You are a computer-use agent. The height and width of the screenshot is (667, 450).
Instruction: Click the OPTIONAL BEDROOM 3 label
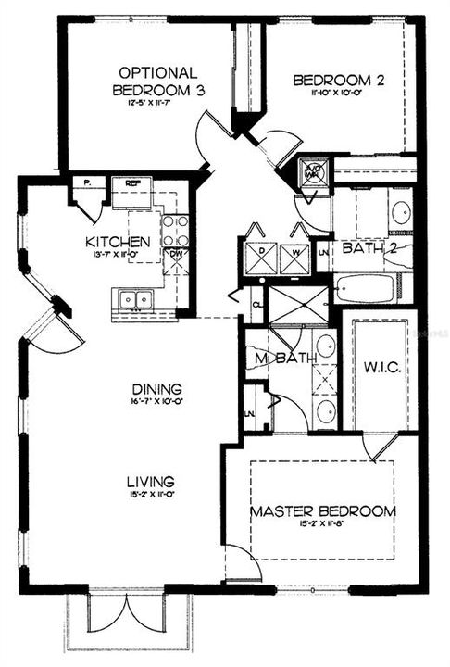(x=157, y=82)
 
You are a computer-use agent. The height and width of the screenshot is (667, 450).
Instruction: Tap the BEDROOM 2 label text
(x=339, y=82)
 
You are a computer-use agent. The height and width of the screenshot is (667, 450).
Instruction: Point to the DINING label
(x=156, y=389)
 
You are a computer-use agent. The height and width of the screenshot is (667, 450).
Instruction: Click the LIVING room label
(x=152, y=482)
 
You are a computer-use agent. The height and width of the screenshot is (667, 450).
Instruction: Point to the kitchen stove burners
(x=175, y=229)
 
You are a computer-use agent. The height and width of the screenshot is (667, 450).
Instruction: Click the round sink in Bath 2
(x=402, y=213)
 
